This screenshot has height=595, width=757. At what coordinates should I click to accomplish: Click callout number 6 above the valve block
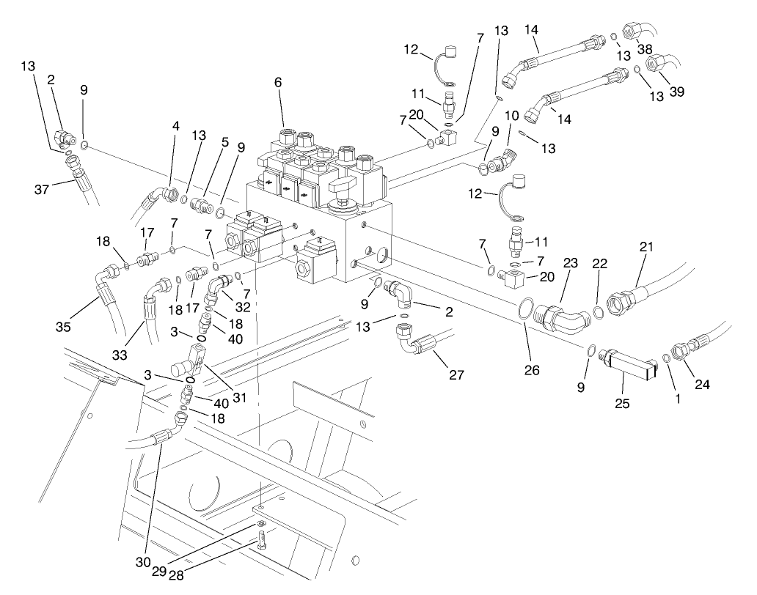278,83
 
